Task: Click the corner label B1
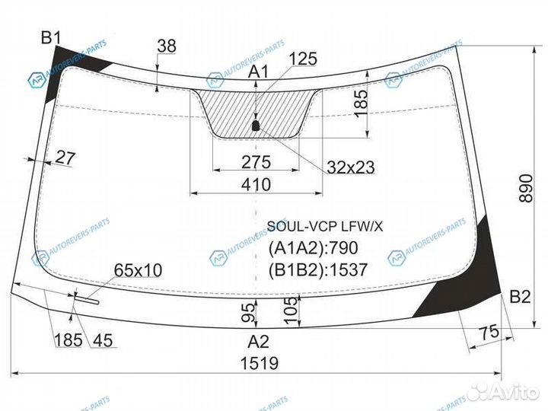51,37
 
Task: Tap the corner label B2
520,297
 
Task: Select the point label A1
258,72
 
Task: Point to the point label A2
258,342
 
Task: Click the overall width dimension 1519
260,363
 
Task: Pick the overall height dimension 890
526,189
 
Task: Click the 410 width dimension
256,184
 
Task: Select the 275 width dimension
256,162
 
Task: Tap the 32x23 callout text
351,167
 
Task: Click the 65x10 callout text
138,270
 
